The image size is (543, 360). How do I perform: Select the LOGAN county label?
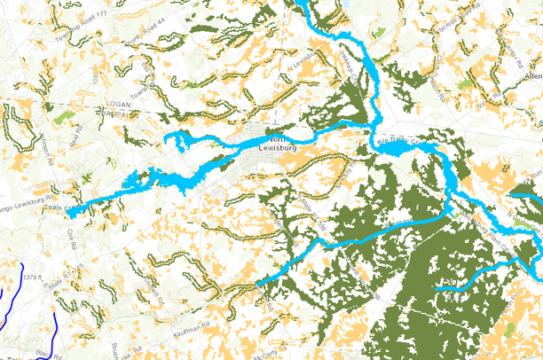point(117,103)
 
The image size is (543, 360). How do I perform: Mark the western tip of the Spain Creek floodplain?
point(68,211)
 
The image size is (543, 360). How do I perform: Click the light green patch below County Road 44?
point(61,116)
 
